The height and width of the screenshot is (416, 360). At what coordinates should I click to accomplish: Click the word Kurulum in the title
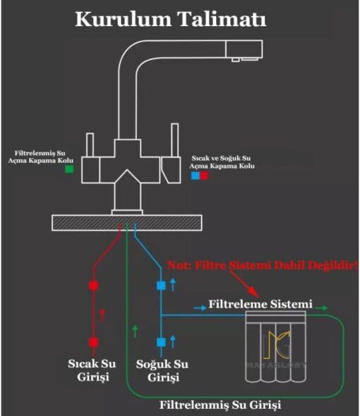tap(123, 19)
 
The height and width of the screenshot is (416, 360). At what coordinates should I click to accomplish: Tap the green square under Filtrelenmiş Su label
tap(69, 169)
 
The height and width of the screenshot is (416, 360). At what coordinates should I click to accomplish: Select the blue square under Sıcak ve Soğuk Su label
tap(196, 176)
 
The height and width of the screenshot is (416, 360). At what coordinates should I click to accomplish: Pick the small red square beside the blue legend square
tap(204, 176)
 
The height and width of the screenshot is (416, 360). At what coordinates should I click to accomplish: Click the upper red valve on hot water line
tap(93, 286)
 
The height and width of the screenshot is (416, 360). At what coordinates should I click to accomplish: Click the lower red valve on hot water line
tap(93, 342)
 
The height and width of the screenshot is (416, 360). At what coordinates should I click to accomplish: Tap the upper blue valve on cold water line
tap(161, 286)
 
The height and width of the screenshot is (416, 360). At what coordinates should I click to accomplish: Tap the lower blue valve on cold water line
tap(161, 342)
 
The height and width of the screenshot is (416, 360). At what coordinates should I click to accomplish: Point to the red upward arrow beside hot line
tap(102, 315)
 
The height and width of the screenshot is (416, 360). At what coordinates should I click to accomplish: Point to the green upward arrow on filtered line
tap(136, 331)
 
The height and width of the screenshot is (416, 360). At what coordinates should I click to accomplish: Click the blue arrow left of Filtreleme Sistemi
tap(200, 307)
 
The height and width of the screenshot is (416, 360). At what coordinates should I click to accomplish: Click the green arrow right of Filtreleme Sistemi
tap(321, 307)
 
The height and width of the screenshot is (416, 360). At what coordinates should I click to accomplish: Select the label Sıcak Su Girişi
tap(92, 370)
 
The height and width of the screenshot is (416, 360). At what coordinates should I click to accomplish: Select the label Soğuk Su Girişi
tap(162, 371)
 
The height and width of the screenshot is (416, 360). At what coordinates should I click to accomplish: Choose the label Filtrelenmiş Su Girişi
tap(220, 405)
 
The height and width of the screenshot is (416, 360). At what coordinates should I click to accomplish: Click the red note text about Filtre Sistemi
tap(263, 265)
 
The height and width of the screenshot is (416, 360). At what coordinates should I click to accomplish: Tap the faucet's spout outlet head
tap(244, 49)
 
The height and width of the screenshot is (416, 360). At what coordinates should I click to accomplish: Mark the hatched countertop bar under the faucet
tap(127, 223)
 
